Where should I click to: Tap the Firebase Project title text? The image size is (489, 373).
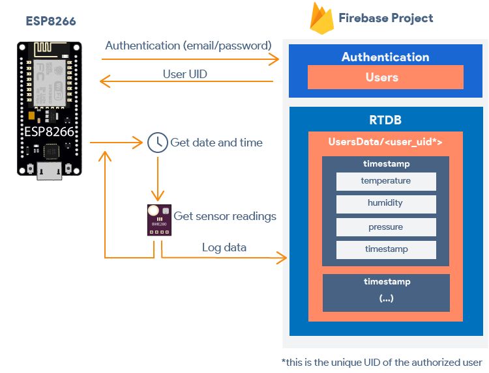tap(385, 18)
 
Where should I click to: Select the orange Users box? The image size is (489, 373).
tap(381, 77)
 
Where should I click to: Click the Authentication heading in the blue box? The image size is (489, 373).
tap(385, 57)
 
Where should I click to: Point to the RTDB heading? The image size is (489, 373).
tap(385, 120)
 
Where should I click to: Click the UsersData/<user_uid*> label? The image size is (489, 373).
tap(385, 141)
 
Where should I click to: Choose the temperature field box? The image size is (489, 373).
tap(386, 181)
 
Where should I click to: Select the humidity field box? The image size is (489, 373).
tap(386, 203)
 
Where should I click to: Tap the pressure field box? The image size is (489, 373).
tap(386, 227)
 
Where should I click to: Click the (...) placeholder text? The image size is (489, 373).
tap(386, 298)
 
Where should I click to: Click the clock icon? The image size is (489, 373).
tap(156, 143)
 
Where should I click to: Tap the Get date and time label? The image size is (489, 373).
tap(216, 143)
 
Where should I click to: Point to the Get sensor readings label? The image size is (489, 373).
tap(225, 216)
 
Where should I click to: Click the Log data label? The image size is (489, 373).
tap(224, 247)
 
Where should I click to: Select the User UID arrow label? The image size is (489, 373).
tap(185, 74)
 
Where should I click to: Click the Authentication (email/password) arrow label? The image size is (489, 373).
tap(188, 46)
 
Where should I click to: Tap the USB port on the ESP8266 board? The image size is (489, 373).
tap(50, 171)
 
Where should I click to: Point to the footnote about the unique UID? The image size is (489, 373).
tap(382, 362)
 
